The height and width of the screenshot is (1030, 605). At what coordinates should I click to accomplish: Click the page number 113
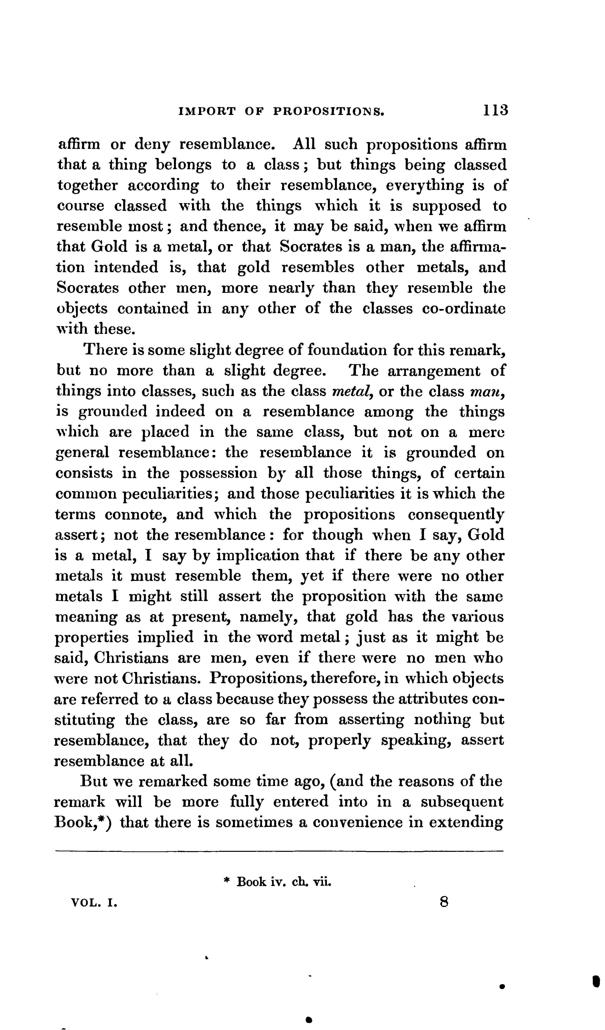pyautogui.click(x=495, y=110)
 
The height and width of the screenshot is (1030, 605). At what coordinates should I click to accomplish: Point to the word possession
pyautogui.click(x=219, y=473)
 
